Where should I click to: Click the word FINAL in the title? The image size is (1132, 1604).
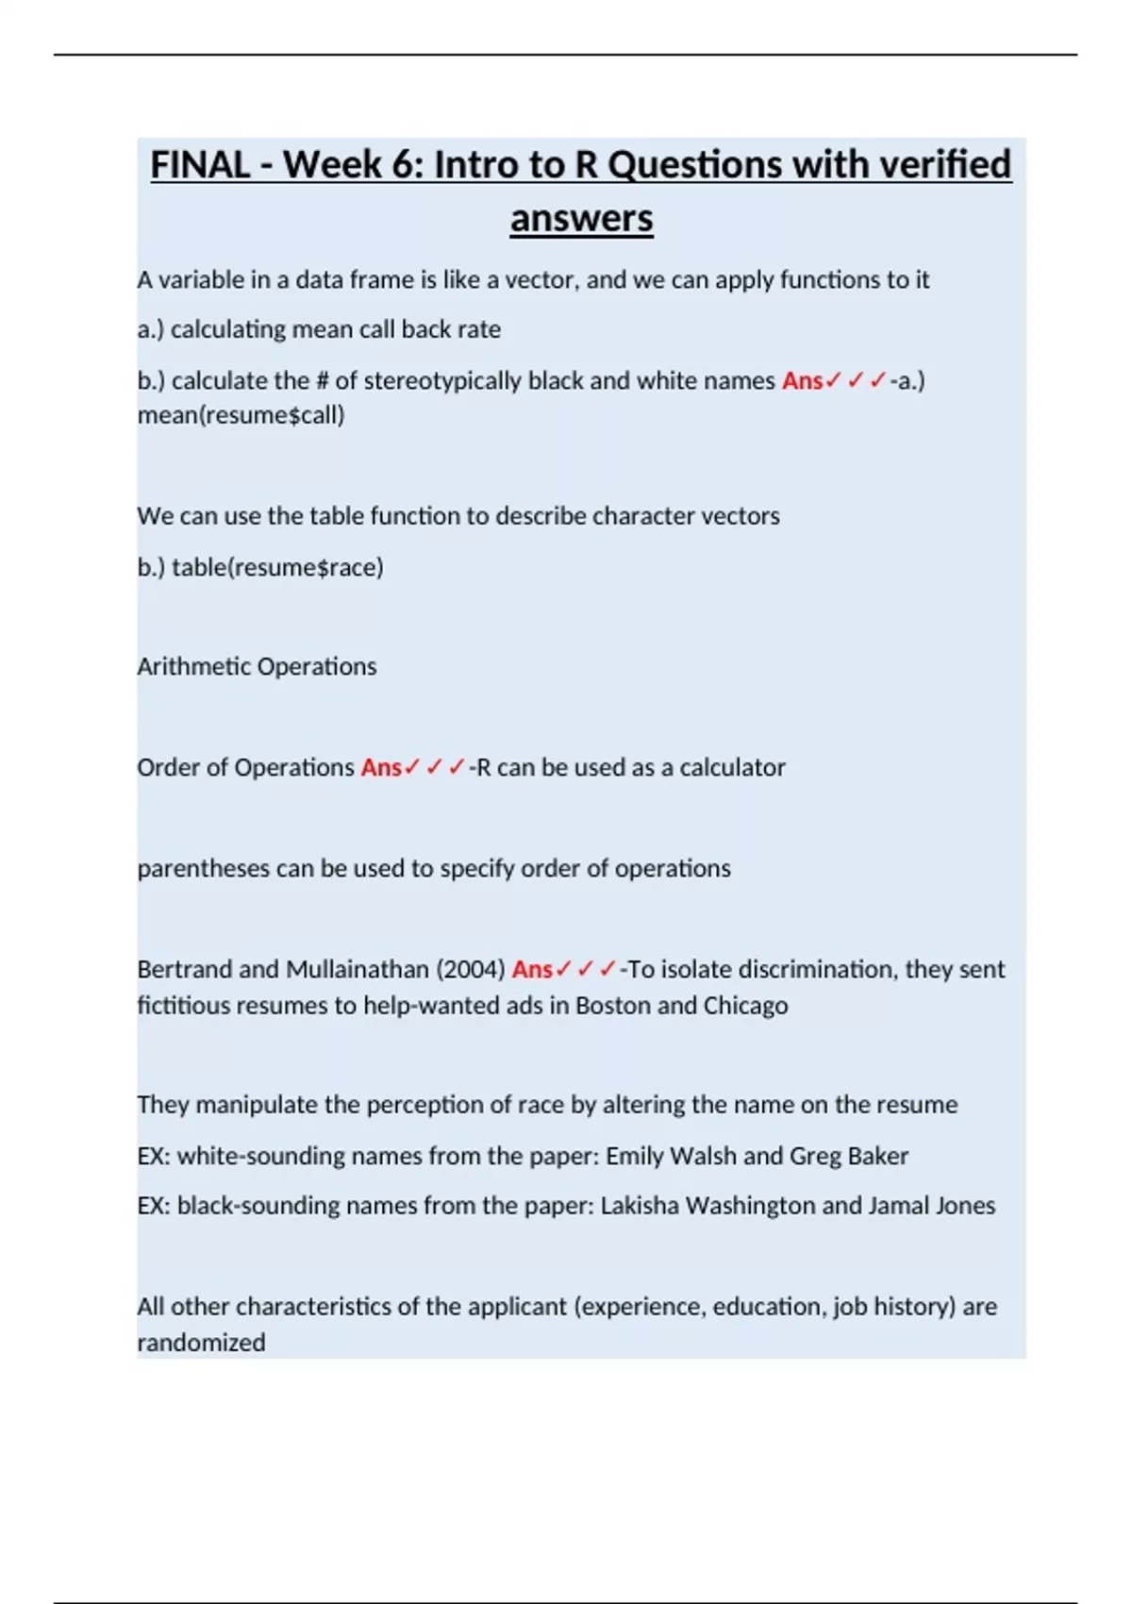click(200, 165)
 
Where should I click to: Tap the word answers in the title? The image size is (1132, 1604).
click(581, 219)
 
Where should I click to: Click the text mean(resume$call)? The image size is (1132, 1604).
click(241, 415)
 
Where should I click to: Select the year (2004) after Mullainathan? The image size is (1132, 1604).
click(471, 969)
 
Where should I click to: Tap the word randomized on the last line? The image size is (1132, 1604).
click(201, 1342)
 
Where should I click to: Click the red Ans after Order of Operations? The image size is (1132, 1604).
click(381, 767)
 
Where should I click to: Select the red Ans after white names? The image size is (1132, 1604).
click(802, 380)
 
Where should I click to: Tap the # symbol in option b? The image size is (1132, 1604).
click(320, 380)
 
